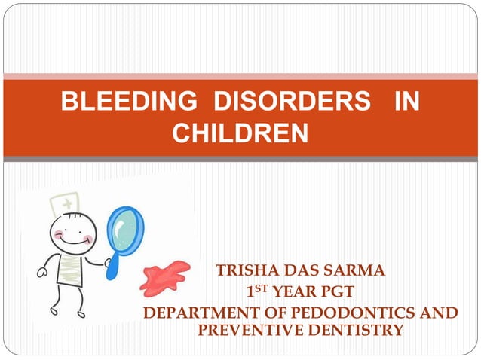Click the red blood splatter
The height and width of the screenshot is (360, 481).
tap(166, 276)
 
